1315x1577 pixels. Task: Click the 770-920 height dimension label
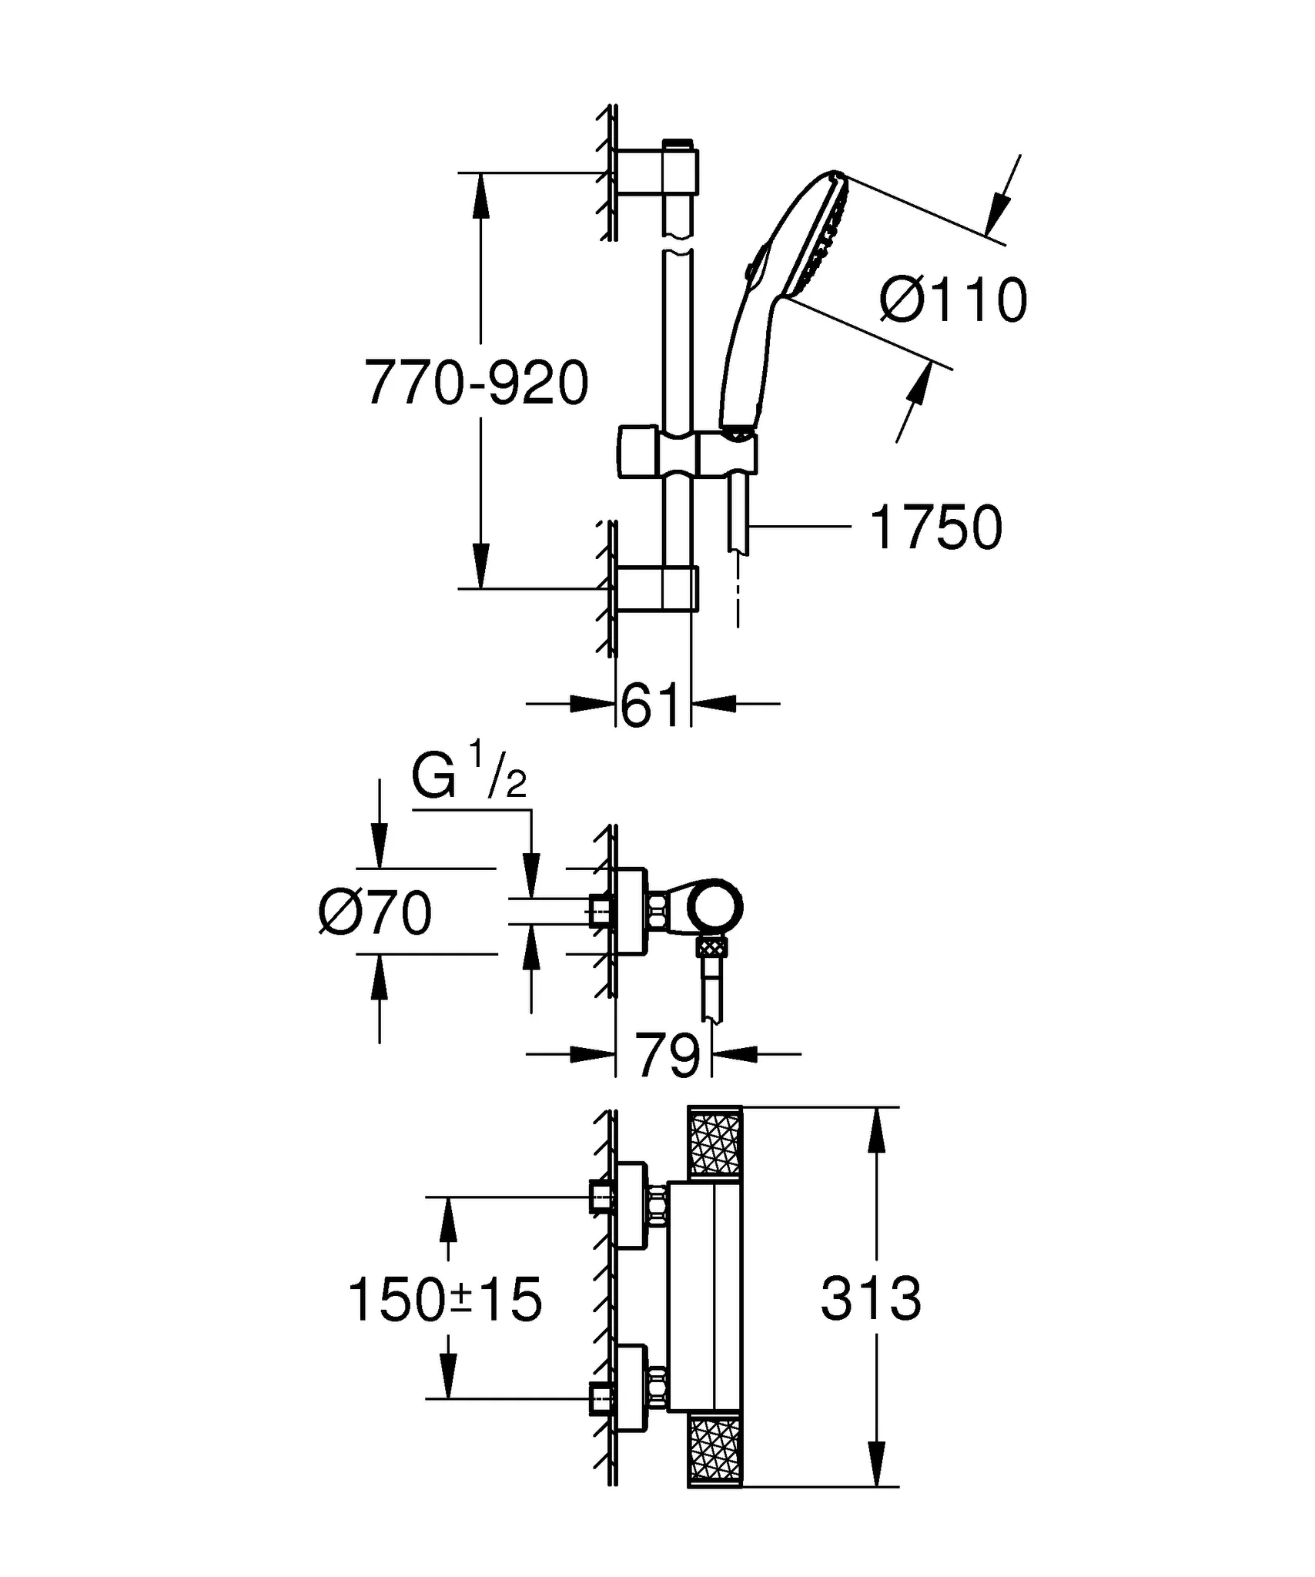(x=477, y=383)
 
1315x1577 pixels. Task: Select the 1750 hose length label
(x=935, y=527)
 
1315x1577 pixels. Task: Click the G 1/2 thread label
(x=469, y=778)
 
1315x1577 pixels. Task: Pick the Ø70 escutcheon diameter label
(x=376, y=913)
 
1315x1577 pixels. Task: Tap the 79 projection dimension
(x=667, y=1056)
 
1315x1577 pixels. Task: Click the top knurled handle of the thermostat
(x=714, y=1143)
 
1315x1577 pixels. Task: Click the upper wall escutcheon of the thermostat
(x=631, y=1206)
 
